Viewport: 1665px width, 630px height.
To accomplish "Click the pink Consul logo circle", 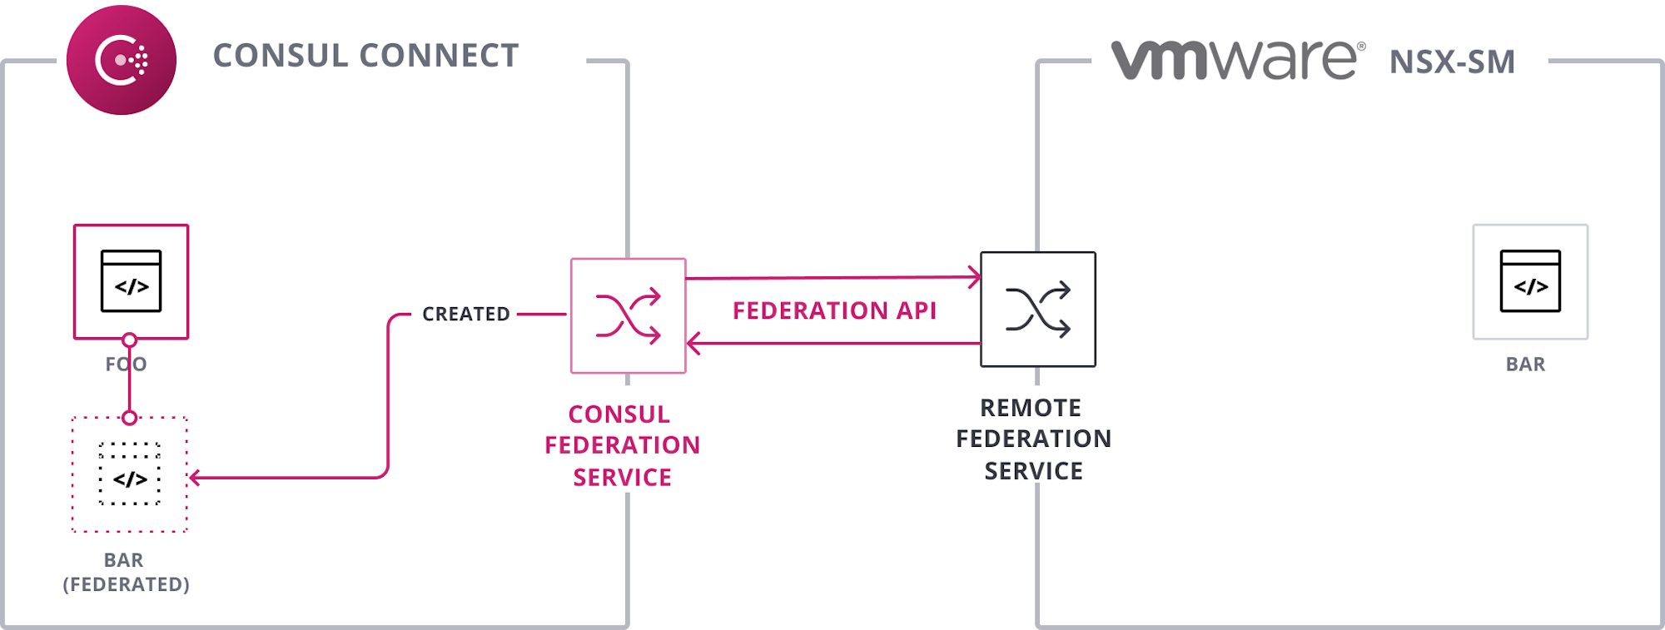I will pyautogui.click(x=122, y=60).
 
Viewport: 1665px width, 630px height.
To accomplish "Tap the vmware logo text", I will pyautogui.click(x=1237, y=60).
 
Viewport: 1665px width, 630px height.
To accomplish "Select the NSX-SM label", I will pyautogui.click(x=1452, y=62).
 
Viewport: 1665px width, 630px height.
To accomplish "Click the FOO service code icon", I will pyautogui.click(x=132, y=281).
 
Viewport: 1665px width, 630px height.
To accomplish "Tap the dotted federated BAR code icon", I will pyautogui.click(x=130, y=474).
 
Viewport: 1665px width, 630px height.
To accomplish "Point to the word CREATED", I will pyautogui.click(x=465, y=314).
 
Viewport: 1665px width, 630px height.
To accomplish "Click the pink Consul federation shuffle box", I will pyautogui.click(x=628, y=315).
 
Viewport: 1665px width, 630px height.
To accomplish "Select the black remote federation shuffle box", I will pyautogui.click(x=1037, y=309).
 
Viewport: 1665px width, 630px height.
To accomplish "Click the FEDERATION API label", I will pyautogui.click(x=834, y=310).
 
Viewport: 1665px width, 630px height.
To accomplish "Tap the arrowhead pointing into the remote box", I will pyautogui.click(x=974, y=277).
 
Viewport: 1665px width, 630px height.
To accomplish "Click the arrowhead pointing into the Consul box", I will pyautogui.click(x=693, y=343).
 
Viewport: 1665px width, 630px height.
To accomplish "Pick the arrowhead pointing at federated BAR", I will pyautogui.click(x=195, y=478).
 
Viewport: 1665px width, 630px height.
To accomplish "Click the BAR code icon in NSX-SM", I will pyautogui.click(x=1530, y=281).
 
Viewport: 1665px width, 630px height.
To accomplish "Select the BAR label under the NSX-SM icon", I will pyautogui.click(x=1525, y=365).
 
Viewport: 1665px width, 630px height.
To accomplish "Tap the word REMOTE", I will pyautogui.click(x=1031, y=408).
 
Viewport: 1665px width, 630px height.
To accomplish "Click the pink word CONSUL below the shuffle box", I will pyautogui.click(x=619, y=414).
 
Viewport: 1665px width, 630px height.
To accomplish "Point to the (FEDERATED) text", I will pyautogui.click(x=127, y=584).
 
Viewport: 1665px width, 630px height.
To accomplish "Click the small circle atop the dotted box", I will pyautogui.click(x=129, y=418).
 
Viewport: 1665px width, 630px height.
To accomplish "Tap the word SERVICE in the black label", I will pyautogui.click(x=1033, y=471).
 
